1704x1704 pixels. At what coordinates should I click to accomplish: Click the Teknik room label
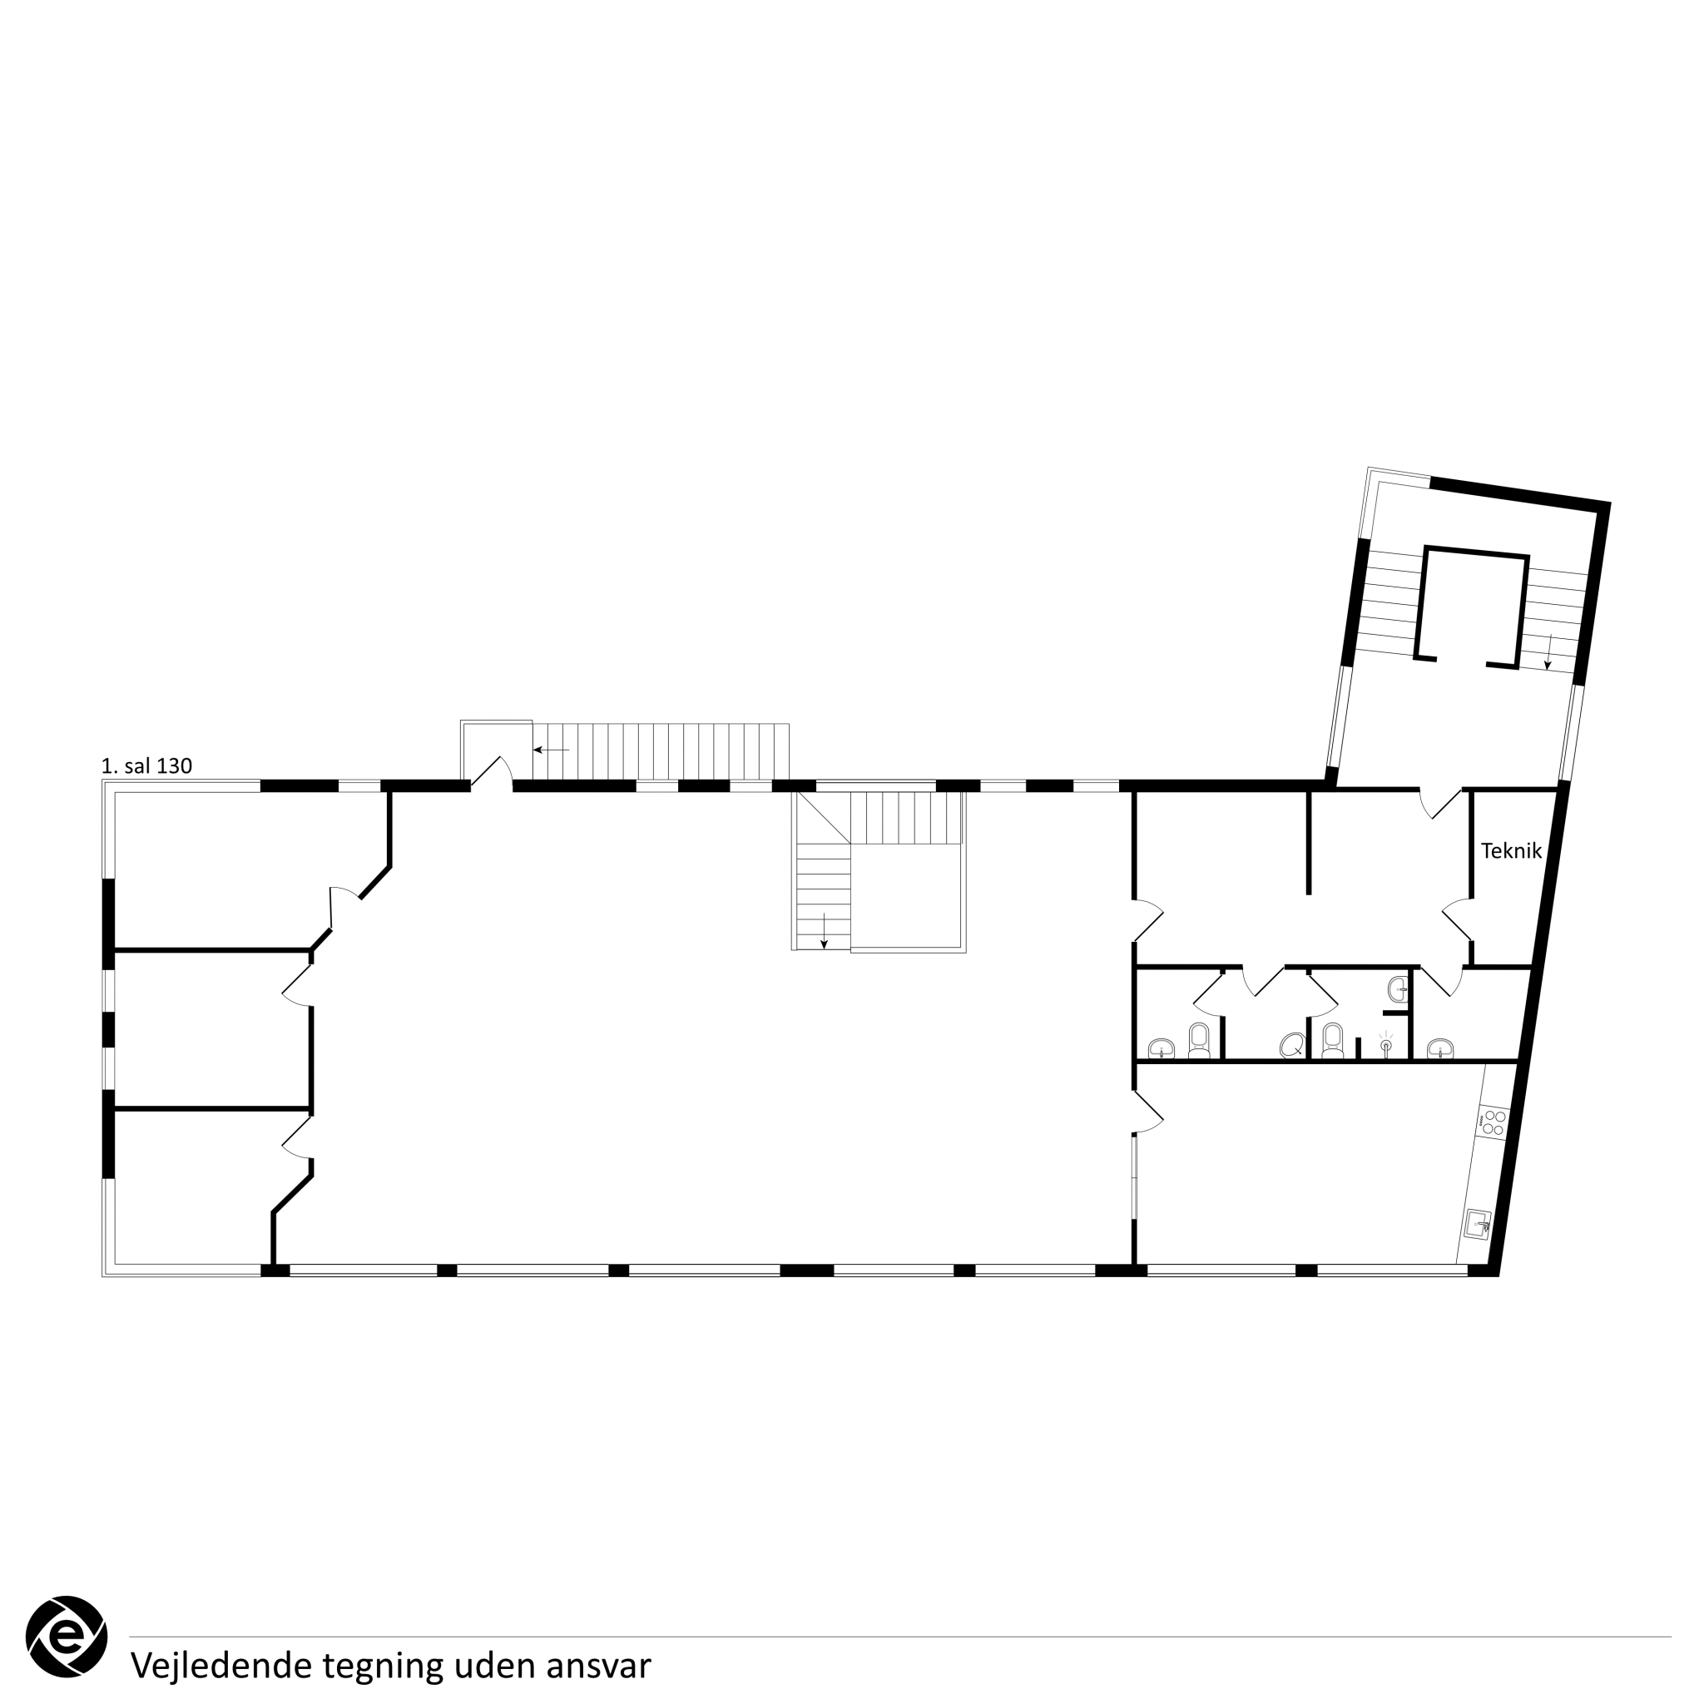pos(1511,851)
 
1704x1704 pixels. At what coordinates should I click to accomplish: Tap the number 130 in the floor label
pos(174,766)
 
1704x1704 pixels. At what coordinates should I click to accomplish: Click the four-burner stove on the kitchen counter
pos(1493,1122)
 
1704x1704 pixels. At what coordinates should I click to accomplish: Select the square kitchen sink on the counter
pos(1479,1223)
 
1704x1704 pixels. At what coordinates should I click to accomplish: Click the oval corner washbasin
pos(1293,1045)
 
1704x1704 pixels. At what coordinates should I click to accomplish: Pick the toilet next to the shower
pos(1333,1040)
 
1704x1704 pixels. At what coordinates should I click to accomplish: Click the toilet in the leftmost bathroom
pos(1199,1040)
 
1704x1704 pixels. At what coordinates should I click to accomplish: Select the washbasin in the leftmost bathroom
pos(1162,1048)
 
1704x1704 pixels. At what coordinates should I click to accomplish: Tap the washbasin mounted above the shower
pos(1398,989)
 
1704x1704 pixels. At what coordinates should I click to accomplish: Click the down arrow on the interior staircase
pos(824,931)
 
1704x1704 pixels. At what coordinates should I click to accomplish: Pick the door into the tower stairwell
pos(1440,804)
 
